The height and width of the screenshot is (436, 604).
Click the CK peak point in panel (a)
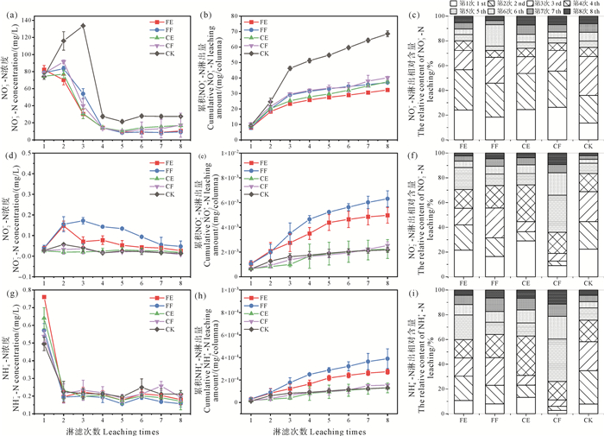83,26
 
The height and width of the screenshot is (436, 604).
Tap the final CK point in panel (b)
388,34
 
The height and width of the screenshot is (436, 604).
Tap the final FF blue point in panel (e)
388,199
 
